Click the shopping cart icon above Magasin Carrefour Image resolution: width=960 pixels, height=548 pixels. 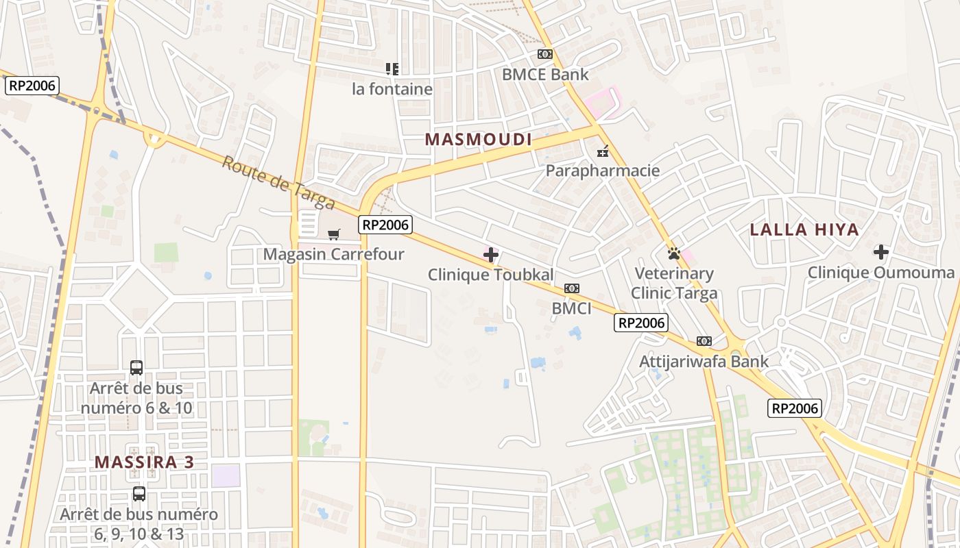(x=334, y=235)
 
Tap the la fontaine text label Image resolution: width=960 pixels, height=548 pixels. (x=392, y=89)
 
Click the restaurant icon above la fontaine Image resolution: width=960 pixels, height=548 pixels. (x=392, y=68)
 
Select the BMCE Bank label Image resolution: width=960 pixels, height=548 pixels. (x=545, y=74)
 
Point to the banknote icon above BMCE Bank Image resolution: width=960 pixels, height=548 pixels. (x=545, y=53)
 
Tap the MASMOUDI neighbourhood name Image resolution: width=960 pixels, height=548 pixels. (x=479, y=140)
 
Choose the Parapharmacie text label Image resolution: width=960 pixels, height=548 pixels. (x=603, y=171)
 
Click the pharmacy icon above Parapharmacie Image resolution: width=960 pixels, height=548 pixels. (x=603, y=151)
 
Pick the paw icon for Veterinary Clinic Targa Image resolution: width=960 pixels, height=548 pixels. (x=674, y=253)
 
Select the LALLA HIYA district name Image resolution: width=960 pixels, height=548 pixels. (x=804, y=229)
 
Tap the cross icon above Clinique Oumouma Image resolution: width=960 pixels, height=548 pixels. (x=881, y=252)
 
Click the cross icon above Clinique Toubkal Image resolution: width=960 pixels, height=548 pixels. (x=491, y=256)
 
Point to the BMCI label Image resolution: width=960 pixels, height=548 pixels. (x=571, y=308)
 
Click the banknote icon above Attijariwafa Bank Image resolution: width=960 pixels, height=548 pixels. (x=704, y=341)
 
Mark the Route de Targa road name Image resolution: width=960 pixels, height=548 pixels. (x=278, y=183)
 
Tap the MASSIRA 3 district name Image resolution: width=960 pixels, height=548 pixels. (x=145, y=462)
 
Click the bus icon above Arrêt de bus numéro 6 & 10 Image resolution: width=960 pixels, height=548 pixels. (x=136, y=368)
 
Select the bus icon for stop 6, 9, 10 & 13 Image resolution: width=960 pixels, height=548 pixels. (x=139, y=494)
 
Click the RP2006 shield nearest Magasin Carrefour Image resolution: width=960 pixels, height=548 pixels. (x=385, y=224)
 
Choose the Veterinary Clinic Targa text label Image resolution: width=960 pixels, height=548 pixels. (x=674, y=284)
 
